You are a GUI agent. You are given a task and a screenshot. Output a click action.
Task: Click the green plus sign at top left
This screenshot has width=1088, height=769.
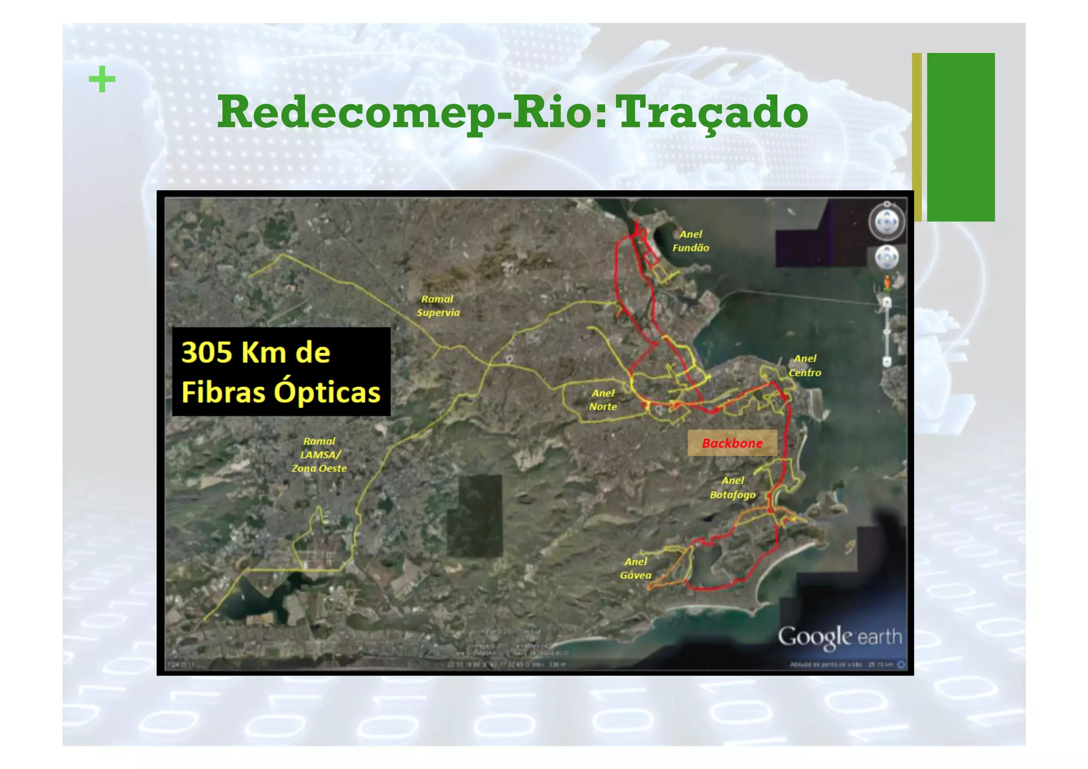pos(102,80)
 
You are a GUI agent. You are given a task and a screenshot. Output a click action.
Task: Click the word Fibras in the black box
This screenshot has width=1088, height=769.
pos(223,392)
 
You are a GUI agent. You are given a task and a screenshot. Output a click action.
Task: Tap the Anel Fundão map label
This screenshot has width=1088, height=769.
pos(691,241)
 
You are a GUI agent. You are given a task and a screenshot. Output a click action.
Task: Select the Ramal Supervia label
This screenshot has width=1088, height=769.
pos(438,306)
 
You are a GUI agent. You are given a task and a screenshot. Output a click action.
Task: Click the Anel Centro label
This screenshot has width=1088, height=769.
pos(805,366)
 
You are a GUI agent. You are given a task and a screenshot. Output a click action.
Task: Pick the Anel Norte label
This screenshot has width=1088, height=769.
pos(603,400)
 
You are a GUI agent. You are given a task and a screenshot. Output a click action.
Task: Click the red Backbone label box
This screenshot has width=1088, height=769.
pos(732,443)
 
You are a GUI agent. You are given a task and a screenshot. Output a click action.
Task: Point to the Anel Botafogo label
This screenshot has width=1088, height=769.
pos(733,487)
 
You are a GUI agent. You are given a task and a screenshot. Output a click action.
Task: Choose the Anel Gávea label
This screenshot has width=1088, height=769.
pos(635,568)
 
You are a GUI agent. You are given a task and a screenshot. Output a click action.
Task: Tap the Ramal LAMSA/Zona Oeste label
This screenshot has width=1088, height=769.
pos(319,454)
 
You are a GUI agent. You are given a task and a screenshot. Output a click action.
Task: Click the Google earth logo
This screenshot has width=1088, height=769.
pos(839,637)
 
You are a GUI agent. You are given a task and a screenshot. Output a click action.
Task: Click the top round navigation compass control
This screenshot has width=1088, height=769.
pos(886,222)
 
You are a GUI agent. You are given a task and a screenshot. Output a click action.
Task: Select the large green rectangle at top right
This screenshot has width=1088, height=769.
pos(960,137)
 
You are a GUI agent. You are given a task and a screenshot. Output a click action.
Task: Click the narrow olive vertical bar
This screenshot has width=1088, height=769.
pos(916,137)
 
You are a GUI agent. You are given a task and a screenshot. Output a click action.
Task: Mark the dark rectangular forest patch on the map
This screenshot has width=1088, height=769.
pos(474,516)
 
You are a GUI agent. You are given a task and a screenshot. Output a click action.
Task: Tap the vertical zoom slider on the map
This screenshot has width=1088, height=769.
pos(886,332)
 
